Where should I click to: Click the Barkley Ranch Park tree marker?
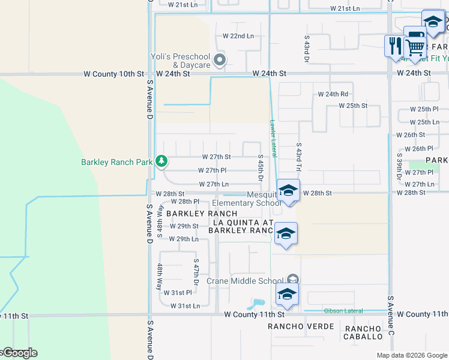point(161,161)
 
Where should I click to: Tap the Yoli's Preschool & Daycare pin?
point(220,60)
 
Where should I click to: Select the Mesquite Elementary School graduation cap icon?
point(288,191)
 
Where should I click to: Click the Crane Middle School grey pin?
point(292,280)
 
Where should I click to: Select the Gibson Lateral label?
point(343,311)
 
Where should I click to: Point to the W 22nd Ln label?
point(238,36)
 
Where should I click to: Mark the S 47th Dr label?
point(196,272)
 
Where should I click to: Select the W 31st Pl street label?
point(180,293)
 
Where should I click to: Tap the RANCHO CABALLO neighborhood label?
point(362,332)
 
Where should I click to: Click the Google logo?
point(19,353)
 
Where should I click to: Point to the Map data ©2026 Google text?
point(411,355)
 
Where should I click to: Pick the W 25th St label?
point(352,106)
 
